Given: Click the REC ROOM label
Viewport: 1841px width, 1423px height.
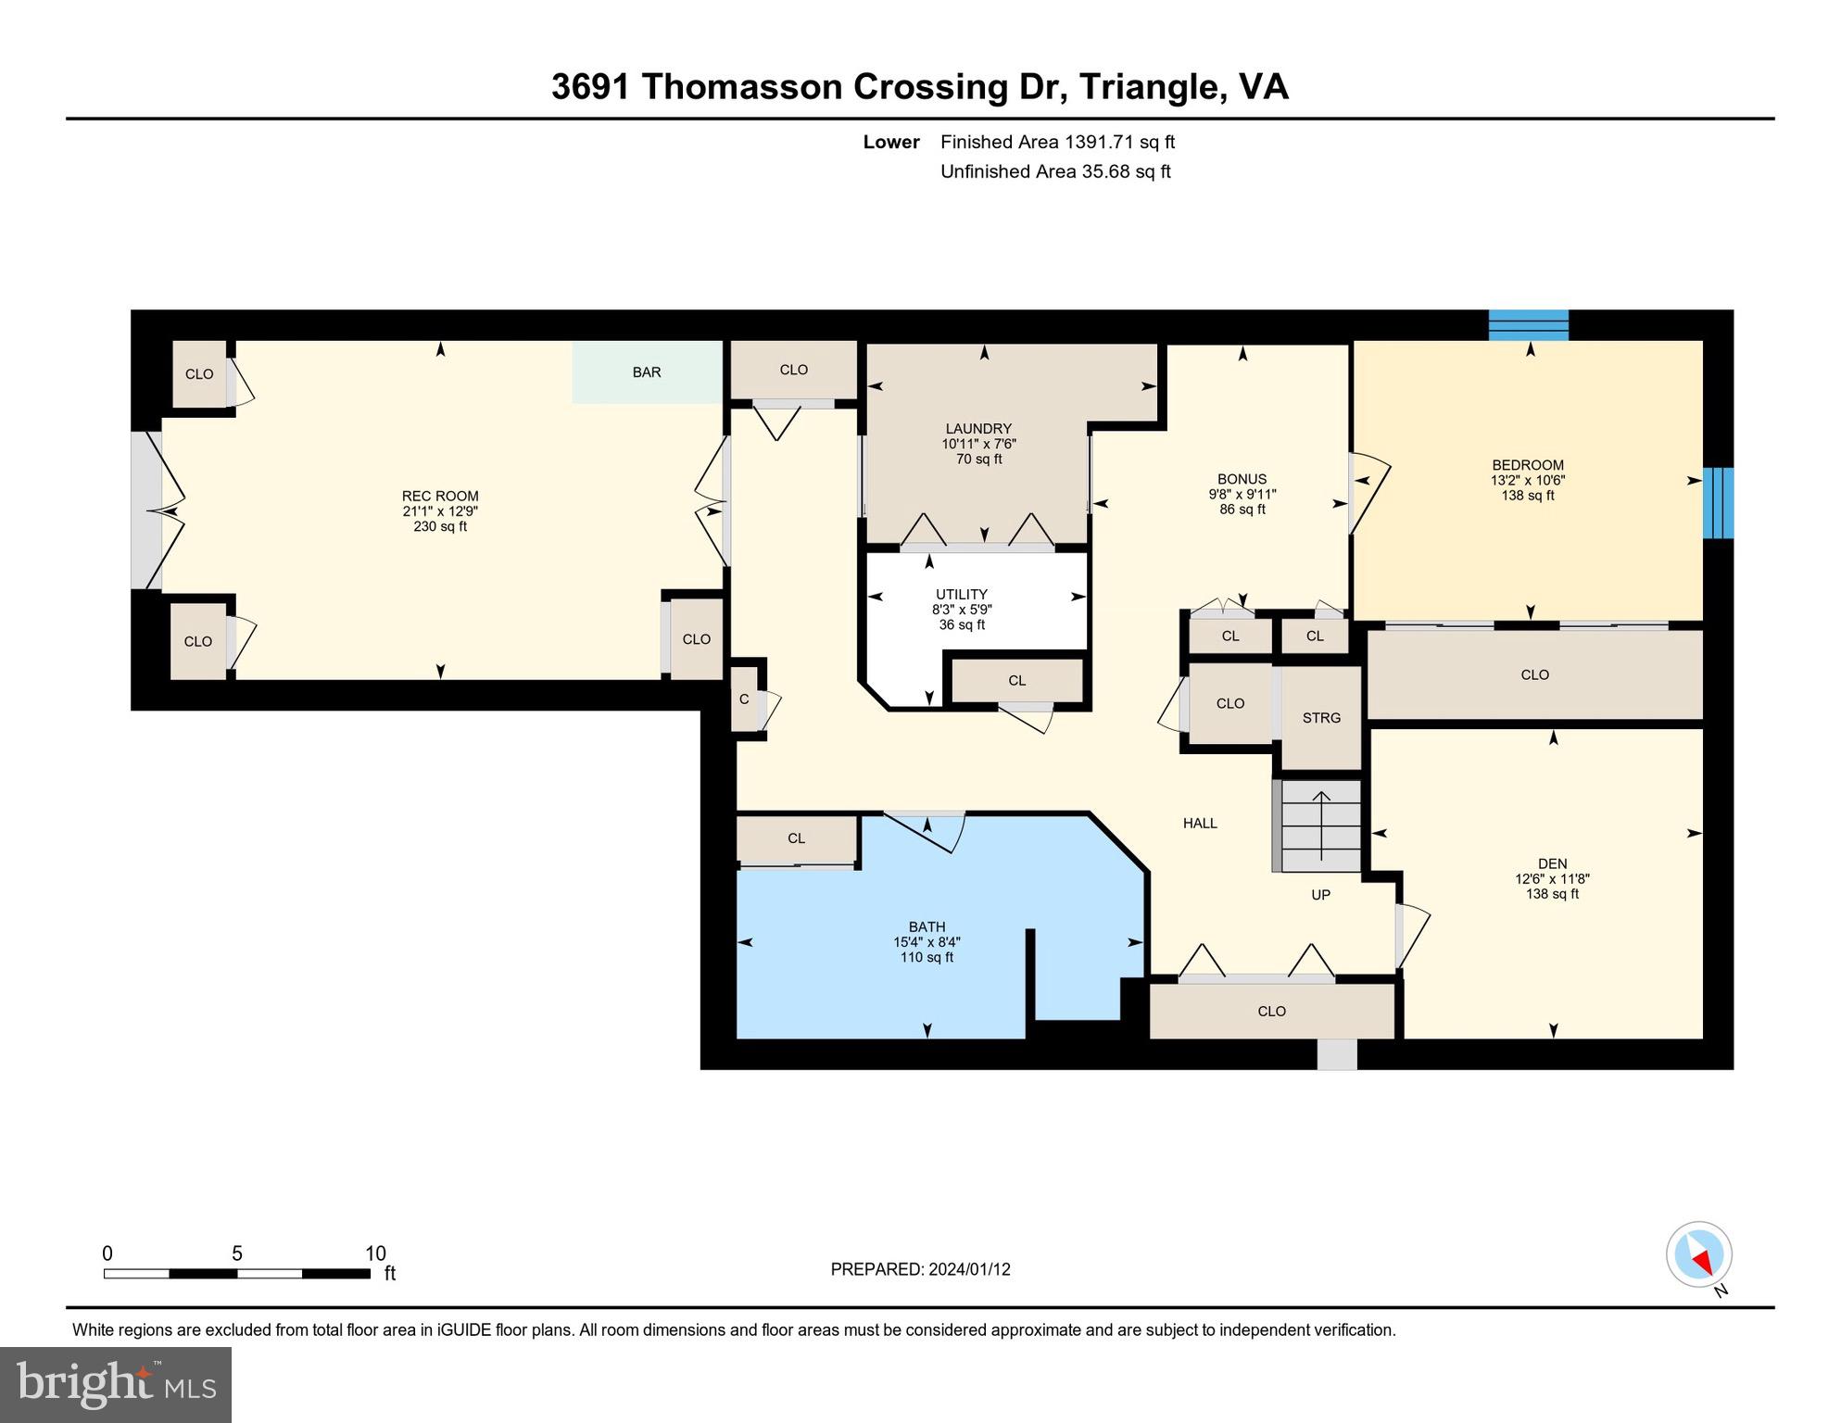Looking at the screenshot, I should tap(440, 496).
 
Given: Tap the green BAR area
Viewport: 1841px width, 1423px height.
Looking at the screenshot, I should tap(647, 372).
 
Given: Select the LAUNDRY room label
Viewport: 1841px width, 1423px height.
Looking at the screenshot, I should tap(978, 429).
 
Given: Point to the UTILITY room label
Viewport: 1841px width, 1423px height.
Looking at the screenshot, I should tap(961, 595).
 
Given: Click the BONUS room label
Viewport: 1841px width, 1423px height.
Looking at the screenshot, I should tap(1242, 480).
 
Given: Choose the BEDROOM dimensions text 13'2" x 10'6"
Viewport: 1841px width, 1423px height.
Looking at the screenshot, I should tap(1528, 481).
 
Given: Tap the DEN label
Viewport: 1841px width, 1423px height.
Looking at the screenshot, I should tap(1552, 863).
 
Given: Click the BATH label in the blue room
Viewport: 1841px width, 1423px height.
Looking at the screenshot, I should tap(927, 926).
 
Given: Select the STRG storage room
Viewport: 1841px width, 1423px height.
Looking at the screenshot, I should tap(1321, 718).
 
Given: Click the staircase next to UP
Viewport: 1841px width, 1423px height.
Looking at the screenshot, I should tap(1320, 825).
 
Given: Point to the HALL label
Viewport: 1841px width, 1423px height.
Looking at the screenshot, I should tap(1200, 823).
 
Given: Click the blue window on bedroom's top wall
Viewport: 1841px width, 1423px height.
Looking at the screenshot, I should tap(1528, 325).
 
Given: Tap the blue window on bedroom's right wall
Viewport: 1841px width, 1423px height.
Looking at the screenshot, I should tap(1718, 502).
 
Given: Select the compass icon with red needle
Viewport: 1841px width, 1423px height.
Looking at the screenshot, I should tap(1699, 1254).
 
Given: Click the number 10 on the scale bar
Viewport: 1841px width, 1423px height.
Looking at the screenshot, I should tap(375, 1253).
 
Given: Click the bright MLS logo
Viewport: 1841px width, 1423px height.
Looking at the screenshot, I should tap(116, 1384).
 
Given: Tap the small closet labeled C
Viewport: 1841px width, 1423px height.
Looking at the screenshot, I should tap(744, 699).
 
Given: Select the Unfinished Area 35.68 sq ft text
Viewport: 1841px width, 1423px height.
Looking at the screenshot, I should tap(1055, 171).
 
